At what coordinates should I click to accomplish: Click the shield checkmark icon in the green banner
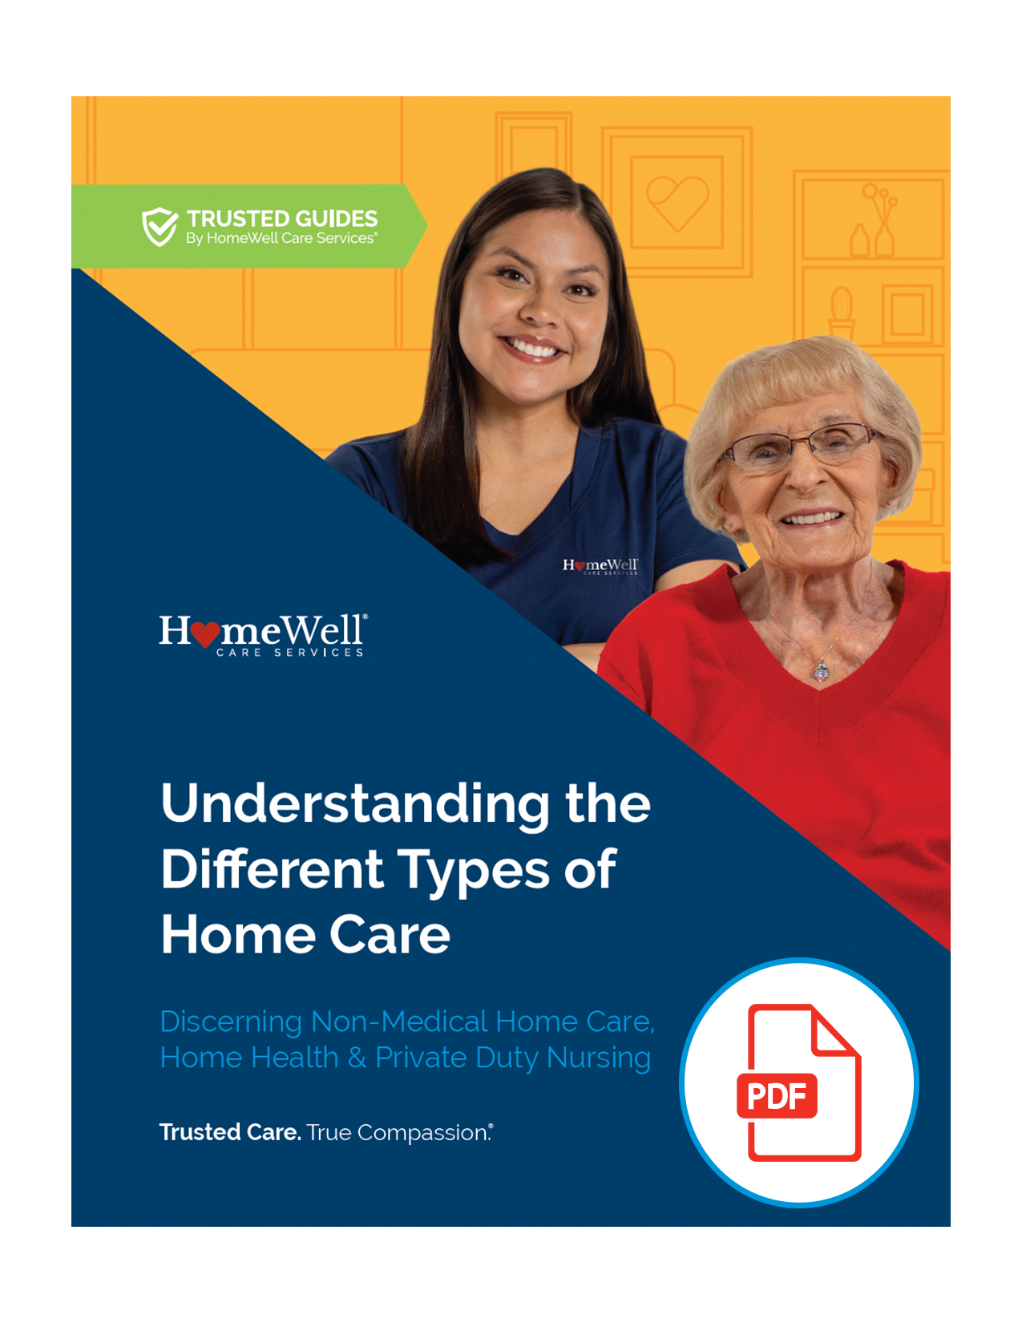(160, 226)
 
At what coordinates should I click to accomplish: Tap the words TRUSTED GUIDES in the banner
(282, 219)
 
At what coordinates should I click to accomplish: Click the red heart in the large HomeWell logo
(205, 634)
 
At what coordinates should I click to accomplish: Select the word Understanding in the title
(355, 806)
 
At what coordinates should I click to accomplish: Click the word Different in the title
(273, 869)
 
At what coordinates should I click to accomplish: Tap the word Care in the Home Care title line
(390, 935)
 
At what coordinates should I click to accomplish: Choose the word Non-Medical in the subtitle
(399, 1021)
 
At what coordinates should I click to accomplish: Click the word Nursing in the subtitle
(599, 1059)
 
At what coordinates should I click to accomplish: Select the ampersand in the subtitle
(357, 1058)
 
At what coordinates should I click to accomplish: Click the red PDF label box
(777, 1096)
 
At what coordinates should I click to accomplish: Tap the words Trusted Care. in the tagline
(230, 1132)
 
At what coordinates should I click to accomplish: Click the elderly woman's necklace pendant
(821, 671)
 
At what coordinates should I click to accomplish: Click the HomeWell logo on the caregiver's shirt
(600, 566)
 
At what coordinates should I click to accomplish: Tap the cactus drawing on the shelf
(841, 310)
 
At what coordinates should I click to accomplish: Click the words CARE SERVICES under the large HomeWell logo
(289, 653)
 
